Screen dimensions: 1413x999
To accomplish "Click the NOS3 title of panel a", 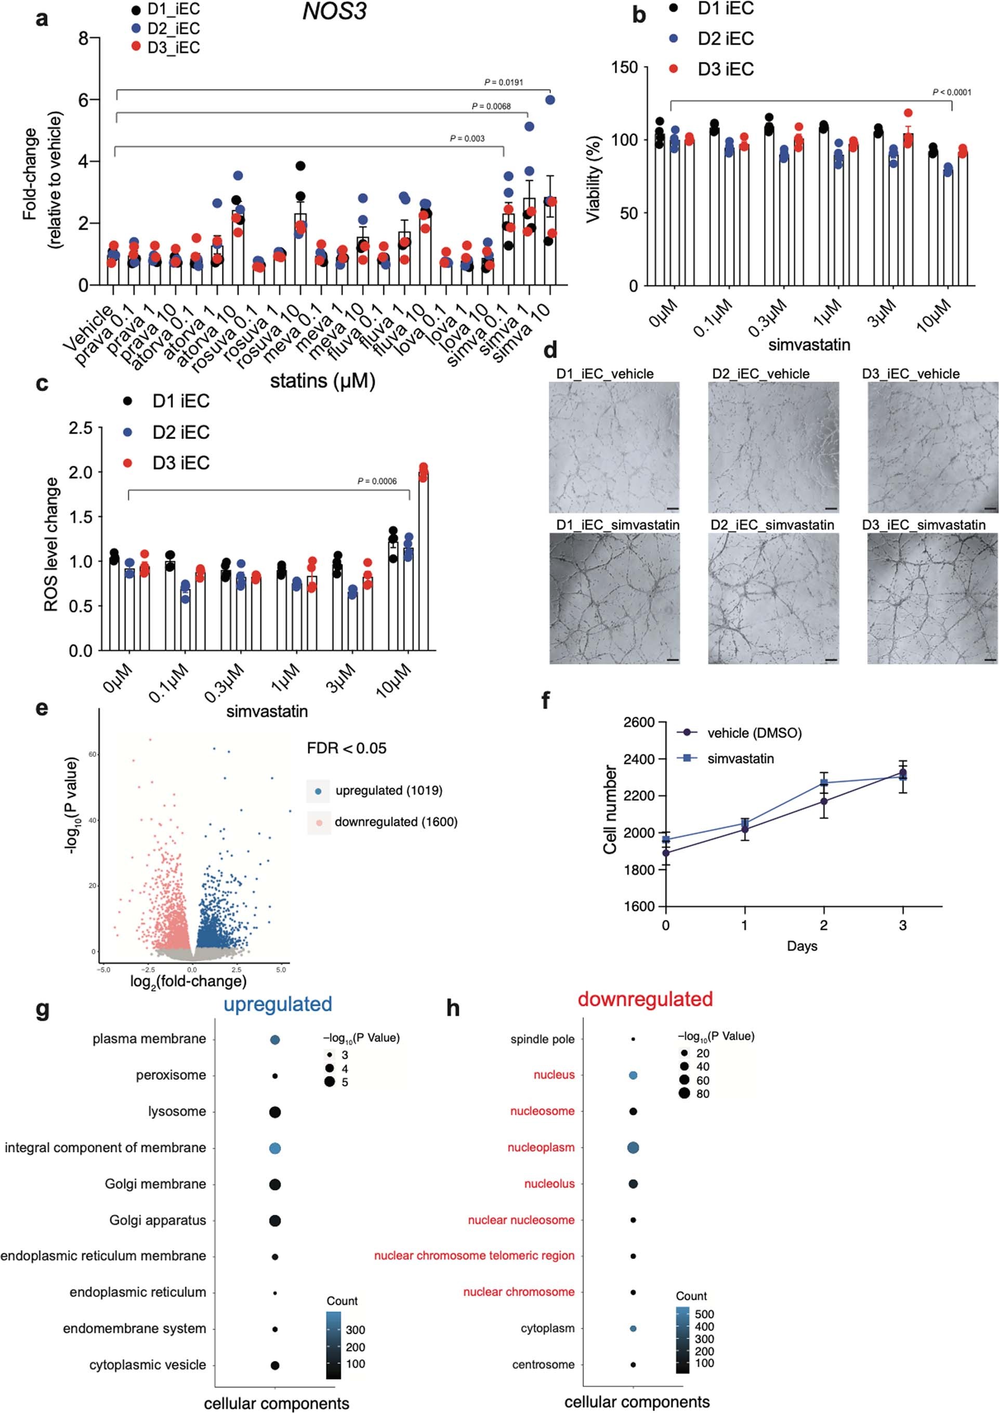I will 334,11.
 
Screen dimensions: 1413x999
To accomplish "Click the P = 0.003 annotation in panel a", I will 467,138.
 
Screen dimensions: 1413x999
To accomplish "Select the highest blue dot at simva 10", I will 550,100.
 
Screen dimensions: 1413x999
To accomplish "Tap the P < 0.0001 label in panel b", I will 952,93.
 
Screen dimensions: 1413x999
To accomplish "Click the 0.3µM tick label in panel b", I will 768,318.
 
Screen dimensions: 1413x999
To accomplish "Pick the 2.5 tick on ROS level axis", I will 81,427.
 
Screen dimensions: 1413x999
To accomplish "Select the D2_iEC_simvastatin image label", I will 772,525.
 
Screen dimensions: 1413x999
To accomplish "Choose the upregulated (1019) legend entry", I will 388,790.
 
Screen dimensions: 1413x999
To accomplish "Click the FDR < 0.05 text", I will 346,748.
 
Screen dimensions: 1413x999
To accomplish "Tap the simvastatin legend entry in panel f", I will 740,759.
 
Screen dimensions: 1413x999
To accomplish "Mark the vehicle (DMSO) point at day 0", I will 666,853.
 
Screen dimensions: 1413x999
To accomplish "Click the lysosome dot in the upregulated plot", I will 275,1112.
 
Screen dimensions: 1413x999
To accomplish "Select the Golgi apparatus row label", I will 157,1220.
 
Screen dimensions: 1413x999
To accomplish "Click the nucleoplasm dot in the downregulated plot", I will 633,1147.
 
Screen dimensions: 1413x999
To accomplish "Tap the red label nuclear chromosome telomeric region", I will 474,1255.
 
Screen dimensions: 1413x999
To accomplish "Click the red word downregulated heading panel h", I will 645,999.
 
